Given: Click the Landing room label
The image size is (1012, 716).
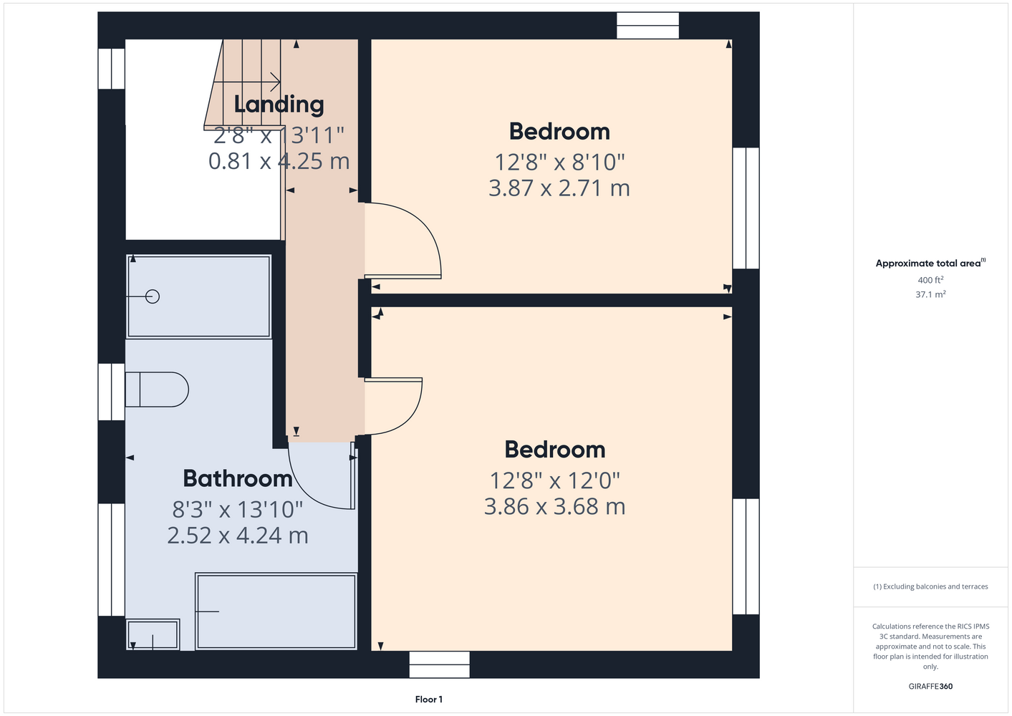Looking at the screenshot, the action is tap(279, 105).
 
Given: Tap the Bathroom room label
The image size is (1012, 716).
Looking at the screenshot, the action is tap(238, 478).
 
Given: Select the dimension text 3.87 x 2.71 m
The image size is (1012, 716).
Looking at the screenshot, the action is tap(559, 188).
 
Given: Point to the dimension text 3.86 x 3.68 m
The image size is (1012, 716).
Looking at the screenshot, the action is tap(555, 506).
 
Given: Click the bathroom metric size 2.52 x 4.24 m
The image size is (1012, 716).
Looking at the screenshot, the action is tap(238, 536).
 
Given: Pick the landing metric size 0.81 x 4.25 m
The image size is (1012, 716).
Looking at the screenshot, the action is tap(279, 161).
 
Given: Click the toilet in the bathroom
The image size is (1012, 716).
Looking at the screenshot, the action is tap(157, 390).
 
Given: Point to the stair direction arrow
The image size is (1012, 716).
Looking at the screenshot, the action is tap(246, 82).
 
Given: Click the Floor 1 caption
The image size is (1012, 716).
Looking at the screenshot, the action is tap(429, 700).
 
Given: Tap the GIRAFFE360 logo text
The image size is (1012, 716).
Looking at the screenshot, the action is tap(930, 686).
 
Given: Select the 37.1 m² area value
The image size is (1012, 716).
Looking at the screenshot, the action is tap(930, 294).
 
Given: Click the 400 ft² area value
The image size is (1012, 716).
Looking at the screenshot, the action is tap(930, 280).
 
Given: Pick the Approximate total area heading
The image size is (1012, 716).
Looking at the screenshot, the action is tap(930, 263).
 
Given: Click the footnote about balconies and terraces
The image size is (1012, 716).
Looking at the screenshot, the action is tap(930, 586).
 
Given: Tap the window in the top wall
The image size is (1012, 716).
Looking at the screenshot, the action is tap(648, 25).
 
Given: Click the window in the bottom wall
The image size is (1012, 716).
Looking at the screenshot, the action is tap(439, 664).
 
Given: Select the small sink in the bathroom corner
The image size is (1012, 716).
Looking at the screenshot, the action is tap(153, 634).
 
